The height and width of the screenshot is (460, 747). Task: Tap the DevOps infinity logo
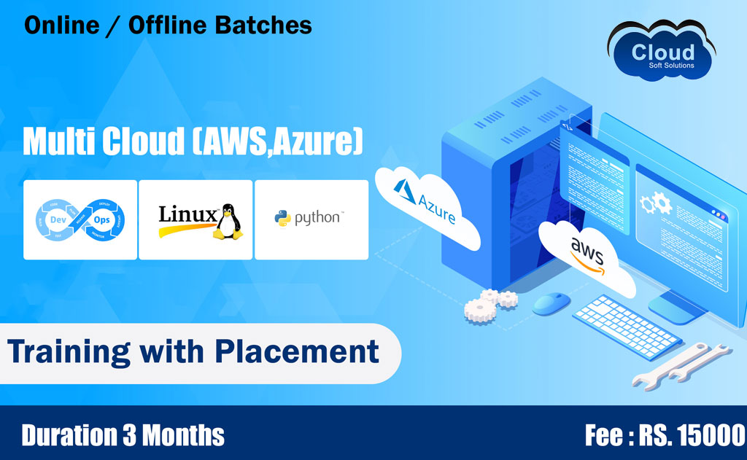tap(80, 219)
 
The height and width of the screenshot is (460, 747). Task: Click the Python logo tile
tap(311, 219)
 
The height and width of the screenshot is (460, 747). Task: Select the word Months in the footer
tap(183, 435)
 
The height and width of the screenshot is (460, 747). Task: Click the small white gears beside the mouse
tap(488, 303)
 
